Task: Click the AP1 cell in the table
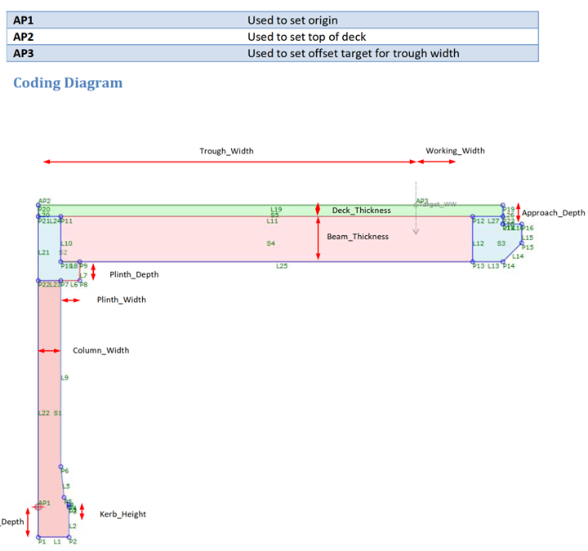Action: click(x=24, y=20)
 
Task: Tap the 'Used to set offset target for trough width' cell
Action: click(x=353, y=54)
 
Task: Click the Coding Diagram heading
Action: click(x=68, y=83)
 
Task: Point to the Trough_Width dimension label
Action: click(x=226, y=151)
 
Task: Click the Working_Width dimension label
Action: click(x=455, y=151)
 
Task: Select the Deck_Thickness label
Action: click(x=361, y=211)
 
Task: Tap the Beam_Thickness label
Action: click(x=358, y=237)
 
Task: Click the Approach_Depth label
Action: click(x=554, y=213)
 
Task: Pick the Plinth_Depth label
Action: click(x=134, y=275)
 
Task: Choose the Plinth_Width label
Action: click(x=122, y=300)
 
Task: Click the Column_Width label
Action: click(x=101, y=350)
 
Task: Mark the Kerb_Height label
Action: click(x=122, y=514)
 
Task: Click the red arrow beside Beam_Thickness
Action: click(x=318, y=238)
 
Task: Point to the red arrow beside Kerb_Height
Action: click(x=82, y=512)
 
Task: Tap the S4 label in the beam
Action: click(x=271, y=243)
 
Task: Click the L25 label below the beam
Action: click(x=282, y=266)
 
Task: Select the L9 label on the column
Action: click(x=65, y=378)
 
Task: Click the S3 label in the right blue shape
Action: click(x=501, y=243)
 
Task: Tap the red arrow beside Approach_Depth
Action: click(x=518, y=212)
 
